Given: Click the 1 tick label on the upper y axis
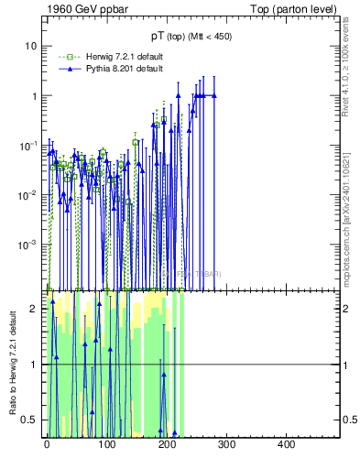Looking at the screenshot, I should pos(35,95).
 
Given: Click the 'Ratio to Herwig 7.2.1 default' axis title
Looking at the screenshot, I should pos(12,365).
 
